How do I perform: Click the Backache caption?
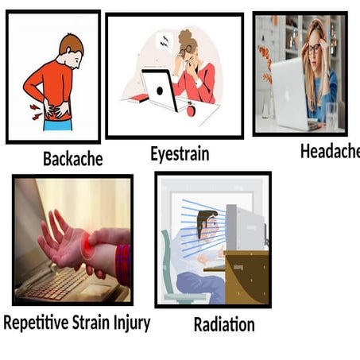click(72, 159)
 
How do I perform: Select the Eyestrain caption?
click(180, 154)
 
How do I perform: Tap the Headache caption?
click(329, 151)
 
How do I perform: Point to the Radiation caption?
click(224, 324)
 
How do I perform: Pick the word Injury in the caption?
click(130, 323)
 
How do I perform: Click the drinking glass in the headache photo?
click(331, 114)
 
